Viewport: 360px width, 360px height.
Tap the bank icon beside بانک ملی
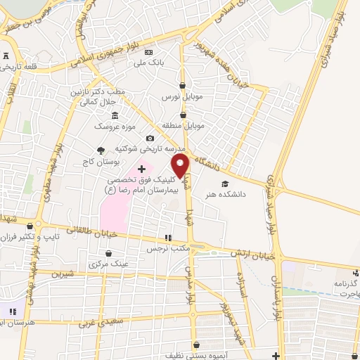pos(148,53)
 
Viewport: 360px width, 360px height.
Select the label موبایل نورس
pos(181,95)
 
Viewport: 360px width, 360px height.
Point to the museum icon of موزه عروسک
pos(115,116)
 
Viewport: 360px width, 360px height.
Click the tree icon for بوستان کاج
pos(101,150)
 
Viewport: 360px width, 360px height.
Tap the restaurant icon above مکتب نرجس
pos(167,238)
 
